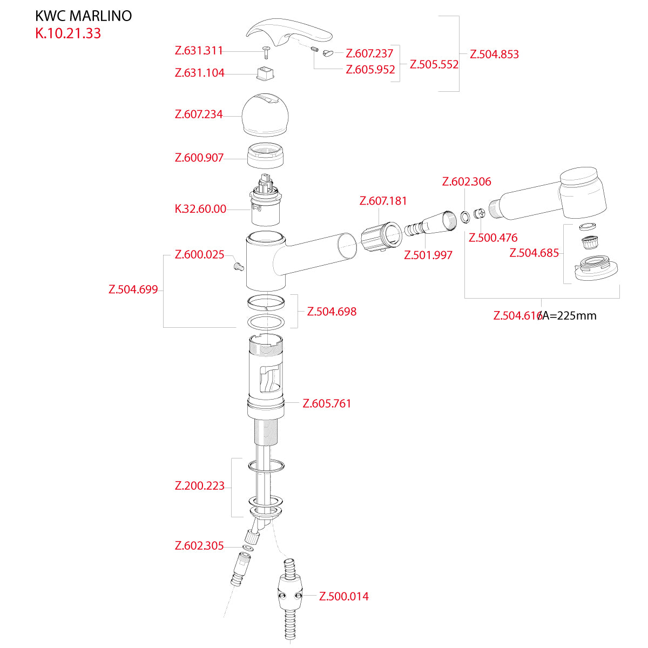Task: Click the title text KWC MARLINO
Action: point(83,16)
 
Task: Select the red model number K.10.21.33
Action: point(68,33)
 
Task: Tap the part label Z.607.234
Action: point(199,114)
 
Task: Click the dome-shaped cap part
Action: point(265,116)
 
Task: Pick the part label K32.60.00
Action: point(200,209)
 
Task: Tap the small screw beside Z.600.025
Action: point(238,266)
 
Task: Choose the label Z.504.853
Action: point(494,54)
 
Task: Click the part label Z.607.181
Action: point(383,201)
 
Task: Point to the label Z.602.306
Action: point(467,181)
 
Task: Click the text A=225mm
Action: point(569,316)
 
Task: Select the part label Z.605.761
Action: point(327,403)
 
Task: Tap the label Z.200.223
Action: point(199,486)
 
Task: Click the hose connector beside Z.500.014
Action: point(290,594)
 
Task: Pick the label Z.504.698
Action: point(332,312)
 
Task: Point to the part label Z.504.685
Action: point(534,253)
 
